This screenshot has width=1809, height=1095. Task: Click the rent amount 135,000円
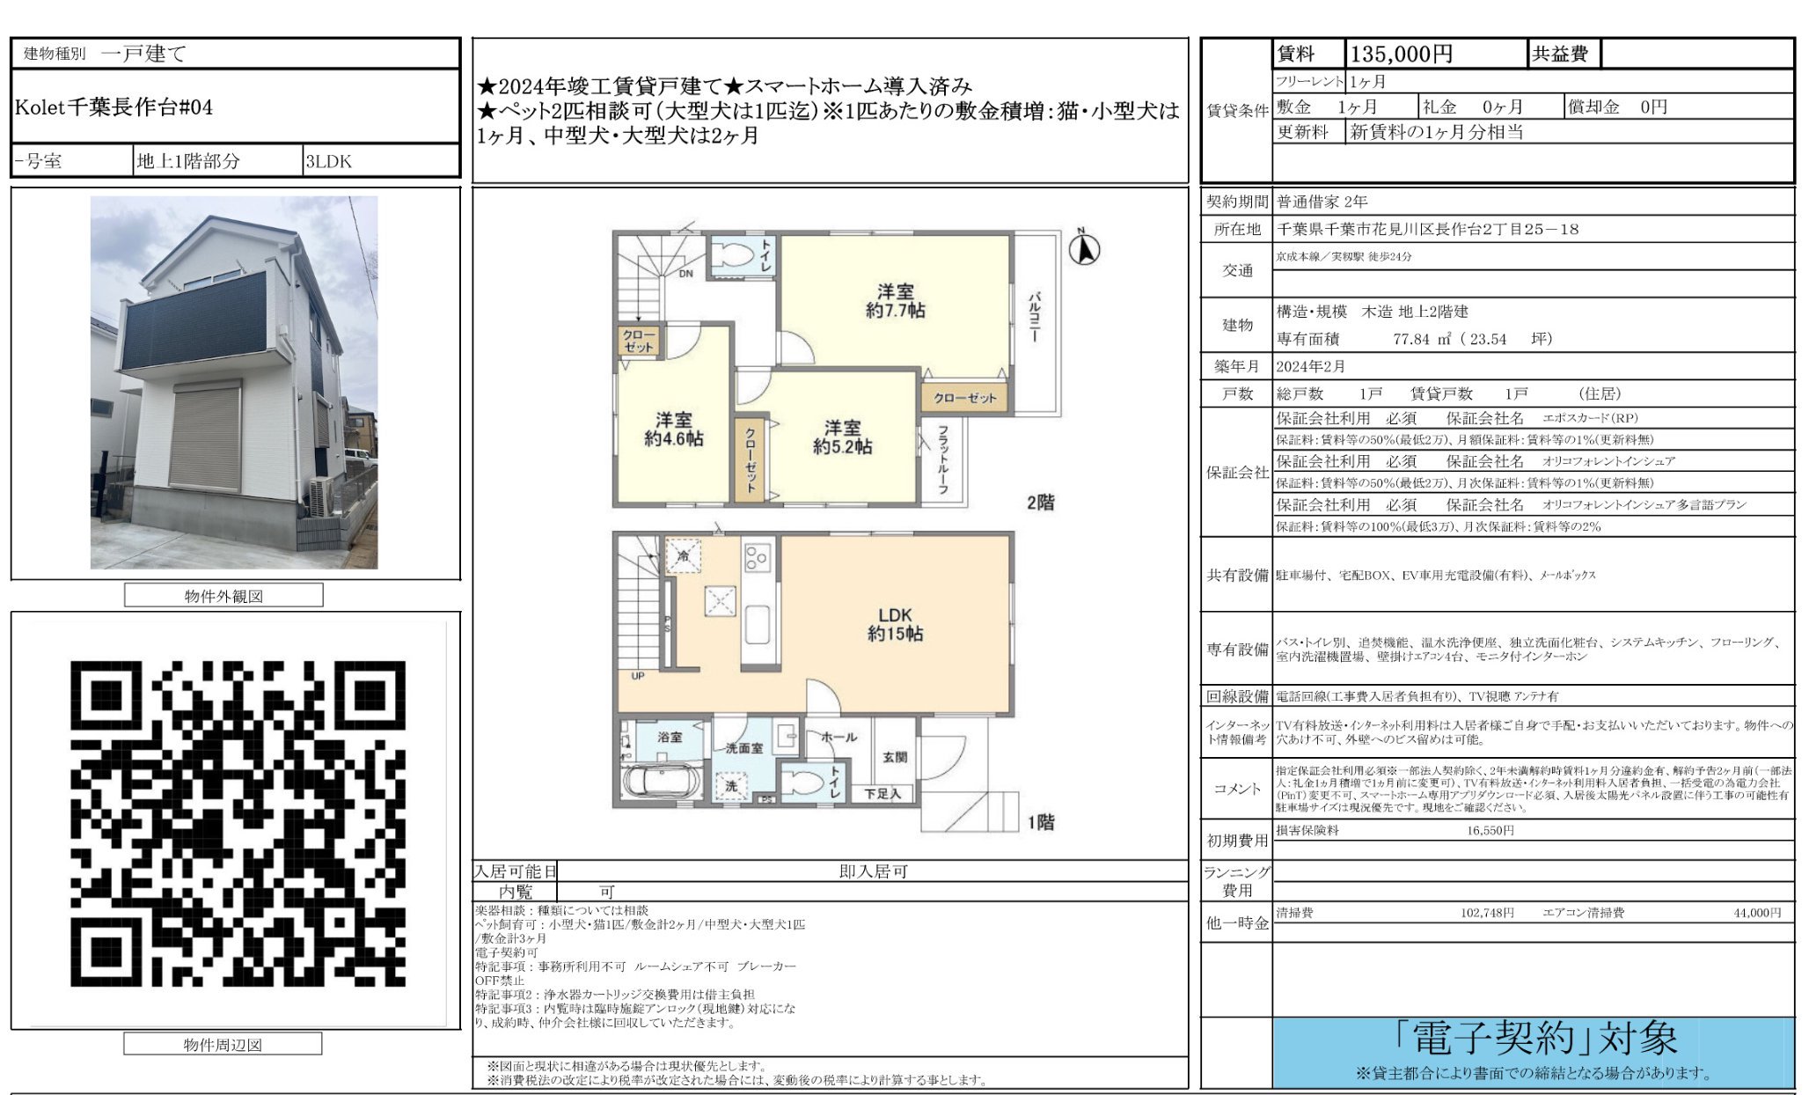point(1401,55)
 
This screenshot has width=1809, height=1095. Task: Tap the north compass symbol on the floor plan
point(1084,250)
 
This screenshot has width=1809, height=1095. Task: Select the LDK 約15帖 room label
point(895,624)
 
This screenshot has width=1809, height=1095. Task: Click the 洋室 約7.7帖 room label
point(895,301)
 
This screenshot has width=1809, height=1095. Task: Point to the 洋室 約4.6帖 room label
point(673,430)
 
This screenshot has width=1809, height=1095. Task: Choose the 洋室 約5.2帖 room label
point(842,437)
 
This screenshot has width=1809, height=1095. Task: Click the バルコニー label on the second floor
point(1035,317)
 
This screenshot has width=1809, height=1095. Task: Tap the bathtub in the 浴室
point(662,781)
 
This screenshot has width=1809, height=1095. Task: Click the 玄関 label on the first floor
point(894,756)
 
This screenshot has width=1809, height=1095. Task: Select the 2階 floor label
point(1040,503)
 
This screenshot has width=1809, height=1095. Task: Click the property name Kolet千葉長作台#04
point(114,107)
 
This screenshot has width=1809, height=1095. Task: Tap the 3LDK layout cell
point(328,162)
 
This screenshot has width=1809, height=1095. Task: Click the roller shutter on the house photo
point(206,437)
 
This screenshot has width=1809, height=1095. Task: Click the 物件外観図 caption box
point(223,596)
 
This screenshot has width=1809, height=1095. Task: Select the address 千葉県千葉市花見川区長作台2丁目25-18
point(1427,229)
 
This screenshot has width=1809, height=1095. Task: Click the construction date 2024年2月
point(1310,366)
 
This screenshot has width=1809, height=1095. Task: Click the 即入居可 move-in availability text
point(872,871)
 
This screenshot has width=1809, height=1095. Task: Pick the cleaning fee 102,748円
point(1487,913)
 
